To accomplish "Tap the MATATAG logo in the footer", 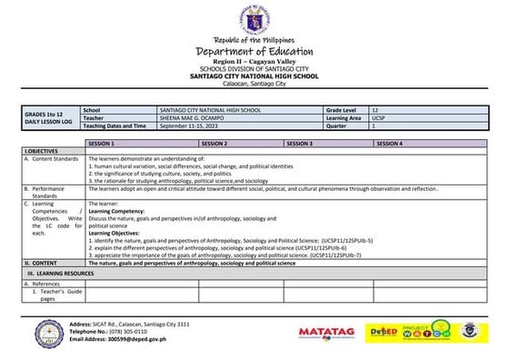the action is click(325, 332).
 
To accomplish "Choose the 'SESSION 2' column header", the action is click(214, 144).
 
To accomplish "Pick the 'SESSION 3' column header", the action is click(299, 144).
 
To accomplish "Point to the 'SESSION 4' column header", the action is click(389, 144).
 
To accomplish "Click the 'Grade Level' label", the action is click(342, 109).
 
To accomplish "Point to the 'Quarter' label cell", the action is click(336, 125).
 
